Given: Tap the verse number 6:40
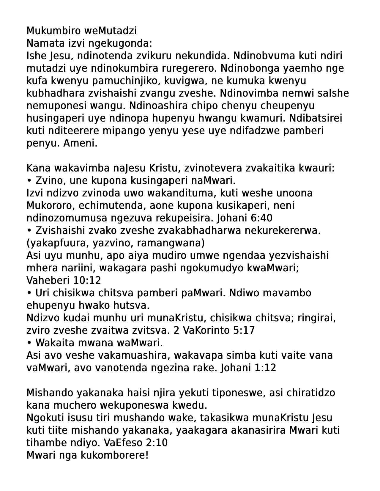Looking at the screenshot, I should (x=261, y=218).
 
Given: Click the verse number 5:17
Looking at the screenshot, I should (x=244, y=330).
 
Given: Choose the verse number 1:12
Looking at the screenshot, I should (x=265, y=368).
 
